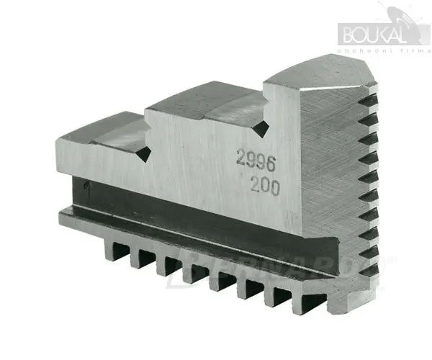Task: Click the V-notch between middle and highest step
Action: pos(264,128)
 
